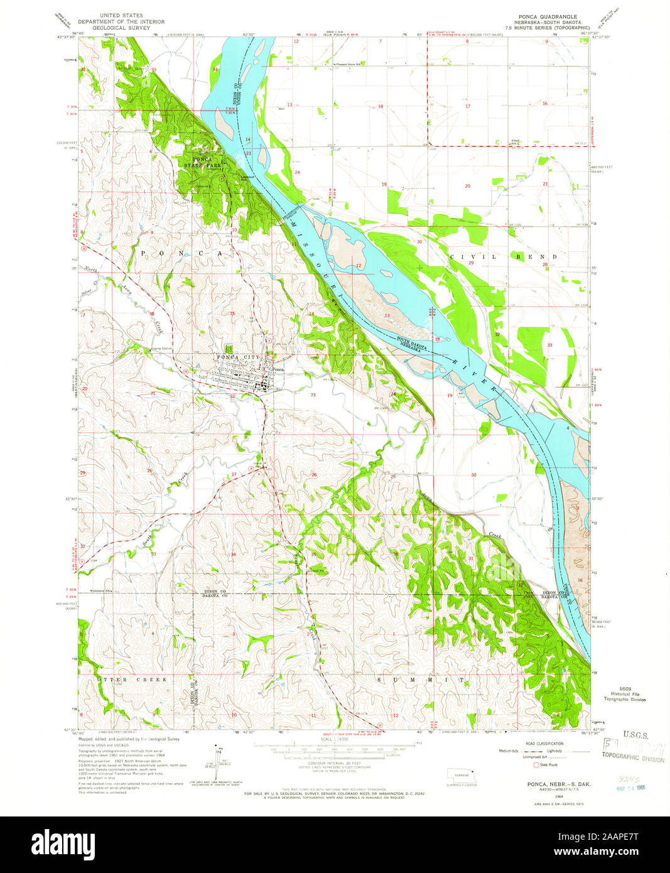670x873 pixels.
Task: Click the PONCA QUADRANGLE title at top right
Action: [x=549, y=16]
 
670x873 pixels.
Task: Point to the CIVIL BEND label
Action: [x=503, y=257]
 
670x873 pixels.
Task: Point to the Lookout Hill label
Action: [x=247, y=178]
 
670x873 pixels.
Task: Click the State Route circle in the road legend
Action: [x=536, y=765]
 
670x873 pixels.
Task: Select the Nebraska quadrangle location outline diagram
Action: [x=462, y=777]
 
